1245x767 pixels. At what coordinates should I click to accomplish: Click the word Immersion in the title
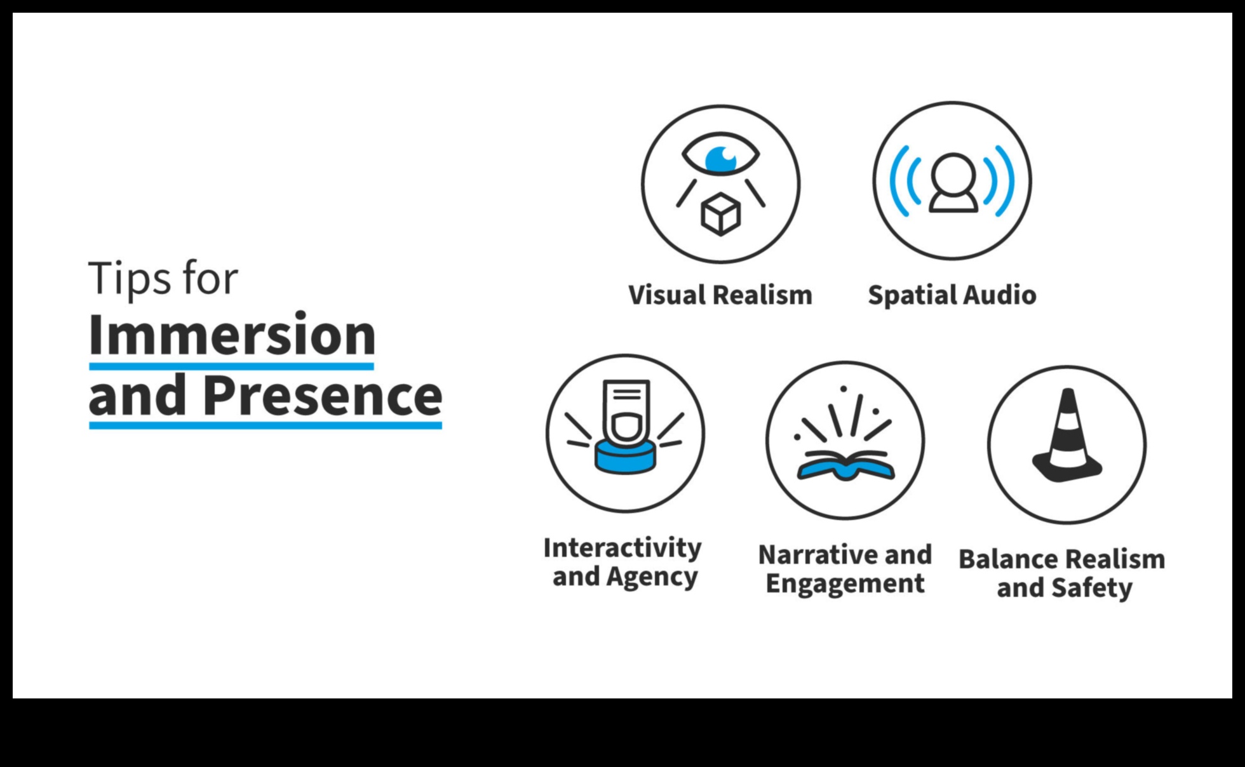[232, 335]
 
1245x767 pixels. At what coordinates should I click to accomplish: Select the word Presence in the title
[323, 395]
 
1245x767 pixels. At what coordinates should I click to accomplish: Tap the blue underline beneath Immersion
[231, 366]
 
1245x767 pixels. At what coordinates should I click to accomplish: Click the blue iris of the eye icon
[720, 159]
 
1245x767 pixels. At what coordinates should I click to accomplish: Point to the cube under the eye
[720, 215]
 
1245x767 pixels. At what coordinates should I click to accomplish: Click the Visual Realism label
[720, 295]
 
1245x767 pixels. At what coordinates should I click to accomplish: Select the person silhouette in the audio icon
[953, 183]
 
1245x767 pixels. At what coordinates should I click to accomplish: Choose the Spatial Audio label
[952, 295]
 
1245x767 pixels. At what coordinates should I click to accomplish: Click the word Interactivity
[622, 548]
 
